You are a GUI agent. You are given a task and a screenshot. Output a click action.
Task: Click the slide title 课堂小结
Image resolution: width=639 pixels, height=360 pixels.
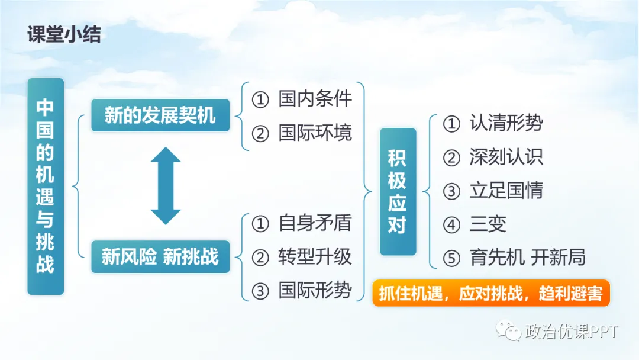[64, 34]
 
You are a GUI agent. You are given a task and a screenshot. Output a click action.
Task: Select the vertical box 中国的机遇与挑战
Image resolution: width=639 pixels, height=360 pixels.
[46, 186]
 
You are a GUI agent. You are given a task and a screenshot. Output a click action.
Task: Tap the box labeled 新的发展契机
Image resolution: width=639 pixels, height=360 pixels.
[160, 115]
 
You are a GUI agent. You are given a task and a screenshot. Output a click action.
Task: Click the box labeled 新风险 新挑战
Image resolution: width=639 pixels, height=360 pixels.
[160, 256]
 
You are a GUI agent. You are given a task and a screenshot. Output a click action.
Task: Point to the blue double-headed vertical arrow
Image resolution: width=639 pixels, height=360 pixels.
[166, 185]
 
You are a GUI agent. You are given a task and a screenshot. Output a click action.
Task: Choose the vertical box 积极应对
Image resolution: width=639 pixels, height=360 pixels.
[398, 191]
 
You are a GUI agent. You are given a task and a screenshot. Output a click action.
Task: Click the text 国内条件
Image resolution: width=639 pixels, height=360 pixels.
[315, 99]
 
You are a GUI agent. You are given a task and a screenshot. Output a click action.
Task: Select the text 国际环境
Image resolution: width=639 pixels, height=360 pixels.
[315, 133]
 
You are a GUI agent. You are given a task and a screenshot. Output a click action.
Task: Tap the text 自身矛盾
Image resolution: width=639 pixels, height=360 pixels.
[315, 223]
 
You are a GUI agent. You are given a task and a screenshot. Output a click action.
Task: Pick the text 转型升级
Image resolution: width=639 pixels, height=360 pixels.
[315, 256]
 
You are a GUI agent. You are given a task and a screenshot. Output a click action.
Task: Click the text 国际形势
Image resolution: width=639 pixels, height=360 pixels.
[315, 290]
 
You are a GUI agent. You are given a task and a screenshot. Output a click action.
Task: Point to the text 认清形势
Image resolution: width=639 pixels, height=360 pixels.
[506, 123]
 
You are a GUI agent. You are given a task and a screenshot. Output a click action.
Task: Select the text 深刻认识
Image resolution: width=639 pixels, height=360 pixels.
[506, 157]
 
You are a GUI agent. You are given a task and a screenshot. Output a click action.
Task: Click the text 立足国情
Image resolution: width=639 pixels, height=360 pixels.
[506, 191]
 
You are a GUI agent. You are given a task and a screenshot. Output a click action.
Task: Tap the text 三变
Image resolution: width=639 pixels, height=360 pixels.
[488, 224]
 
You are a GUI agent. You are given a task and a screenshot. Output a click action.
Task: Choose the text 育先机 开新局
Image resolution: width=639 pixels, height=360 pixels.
[527, 258]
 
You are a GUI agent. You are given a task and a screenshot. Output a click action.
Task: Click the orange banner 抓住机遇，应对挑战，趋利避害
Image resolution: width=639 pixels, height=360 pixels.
[490, 294]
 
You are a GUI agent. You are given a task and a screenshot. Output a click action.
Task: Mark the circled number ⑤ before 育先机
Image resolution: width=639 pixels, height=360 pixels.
[451, 258]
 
